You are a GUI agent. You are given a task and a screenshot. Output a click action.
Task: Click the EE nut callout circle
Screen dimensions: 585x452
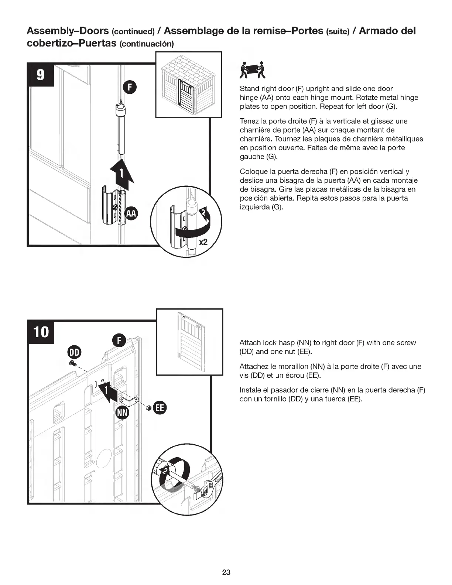tap(160, 407)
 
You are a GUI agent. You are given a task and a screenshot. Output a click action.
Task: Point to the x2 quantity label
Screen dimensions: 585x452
tap(203, 243)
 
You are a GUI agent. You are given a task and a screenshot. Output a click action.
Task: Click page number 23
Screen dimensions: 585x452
tap(226, 572)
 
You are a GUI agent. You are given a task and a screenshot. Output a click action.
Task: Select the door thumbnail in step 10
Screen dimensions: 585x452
tap(190, 342)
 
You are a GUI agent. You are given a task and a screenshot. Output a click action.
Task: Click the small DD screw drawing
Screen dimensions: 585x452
tap(73, 364)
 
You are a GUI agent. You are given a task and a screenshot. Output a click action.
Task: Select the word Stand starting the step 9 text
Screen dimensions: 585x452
tap(250, 89)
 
